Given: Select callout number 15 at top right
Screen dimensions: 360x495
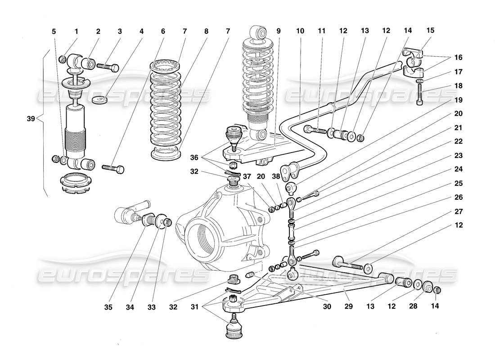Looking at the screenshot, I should click(430, 31).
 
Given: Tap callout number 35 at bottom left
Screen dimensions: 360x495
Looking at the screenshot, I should click(108, 307).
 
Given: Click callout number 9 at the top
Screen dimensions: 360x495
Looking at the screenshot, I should click(278, 31).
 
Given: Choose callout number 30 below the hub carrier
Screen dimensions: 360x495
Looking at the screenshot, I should click(327, 307).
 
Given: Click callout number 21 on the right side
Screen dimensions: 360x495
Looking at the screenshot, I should click(458, 127).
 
